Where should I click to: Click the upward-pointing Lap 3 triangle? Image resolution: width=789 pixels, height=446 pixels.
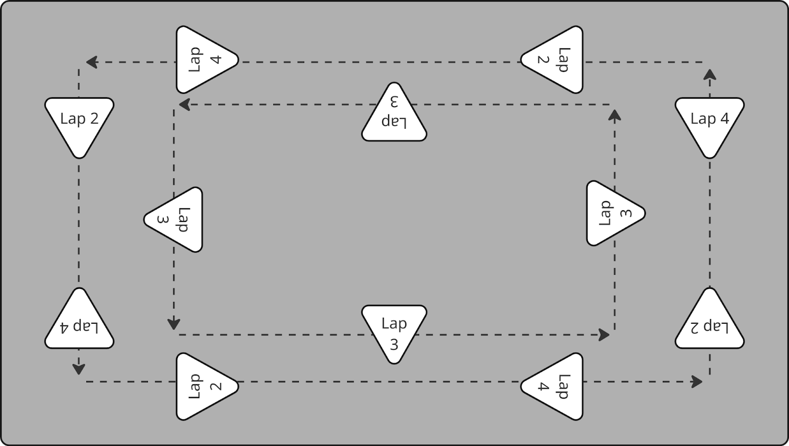click(394, 116)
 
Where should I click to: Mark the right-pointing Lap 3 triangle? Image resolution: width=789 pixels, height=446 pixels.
click(611, 213)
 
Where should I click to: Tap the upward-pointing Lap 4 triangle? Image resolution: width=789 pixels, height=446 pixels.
click(79, 323)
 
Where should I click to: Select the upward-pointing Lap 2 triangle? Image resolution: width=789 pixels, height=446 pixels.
click(709, 323)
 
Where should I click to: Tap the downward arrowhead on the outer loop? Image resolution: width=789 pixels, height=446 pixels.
click(79, 369)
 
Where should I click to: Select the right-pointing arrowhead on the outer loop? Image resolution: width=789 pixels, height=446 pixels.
click(697, 381)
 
